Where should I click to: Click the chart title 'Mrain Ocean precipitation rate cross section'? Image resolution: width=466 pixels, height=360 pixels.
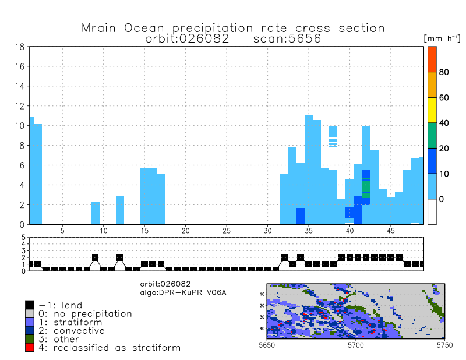tap(233, 28)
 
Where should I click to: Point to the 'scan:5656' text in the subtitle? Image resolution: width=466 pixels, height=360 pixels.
tap(288, 39)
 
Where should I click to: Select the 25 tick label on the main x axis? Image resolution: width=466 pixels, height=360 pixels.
tap(227, 231)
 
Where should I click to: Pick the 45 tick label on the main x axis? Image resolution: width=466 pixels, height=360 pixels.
tap(390, 231)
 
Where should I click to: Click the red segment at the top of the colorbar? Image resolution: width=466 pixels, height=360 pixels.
tap(432, 59)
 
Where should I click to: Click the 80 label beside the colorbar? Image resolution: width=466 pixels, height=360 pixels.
tap(443, 72)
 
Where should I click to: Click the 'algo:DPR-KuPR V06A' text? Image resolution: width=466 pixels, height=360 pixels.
tap(182, 291)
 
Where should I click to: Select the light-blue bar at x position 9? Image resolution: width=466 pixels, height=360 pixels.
tap(96, 213)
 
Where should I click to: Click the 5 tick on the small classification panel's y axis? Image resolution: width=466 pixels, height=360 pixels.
tap(24, 238)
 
